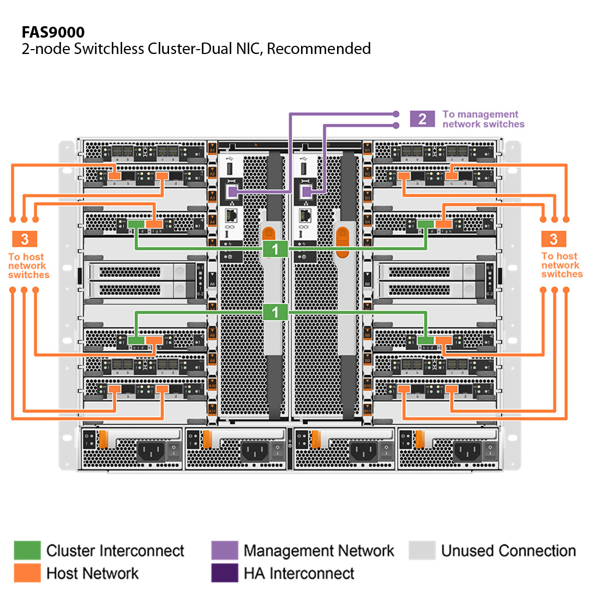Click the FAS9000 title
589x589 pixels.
click(53, 32)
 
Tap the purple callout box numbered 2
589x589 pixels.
click(422, 118)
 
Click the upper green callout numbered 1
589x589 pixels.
click(275, 249)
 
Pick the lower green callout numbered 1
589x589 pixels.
click(275, 312)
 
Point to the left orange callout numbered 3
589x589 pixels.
click(24, 238)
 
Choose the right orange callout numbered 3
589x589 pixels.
click(554, 238)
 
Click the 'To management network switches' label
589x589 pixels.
click(483, 119)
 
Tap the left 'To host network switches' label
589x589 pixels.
click(28, 266)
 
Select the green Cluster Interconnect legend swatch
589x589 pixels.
click(27, 550)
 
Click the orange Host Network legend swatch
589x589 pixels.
click(27, 573)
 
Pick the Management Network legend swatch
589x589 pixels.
click(224, 550)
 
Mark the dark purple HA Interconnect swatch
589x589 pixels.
click(224, 573)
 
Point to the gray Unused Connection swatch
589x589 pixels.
click(422, 550)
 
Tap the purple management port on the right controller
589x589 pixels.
click(306, 191)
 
